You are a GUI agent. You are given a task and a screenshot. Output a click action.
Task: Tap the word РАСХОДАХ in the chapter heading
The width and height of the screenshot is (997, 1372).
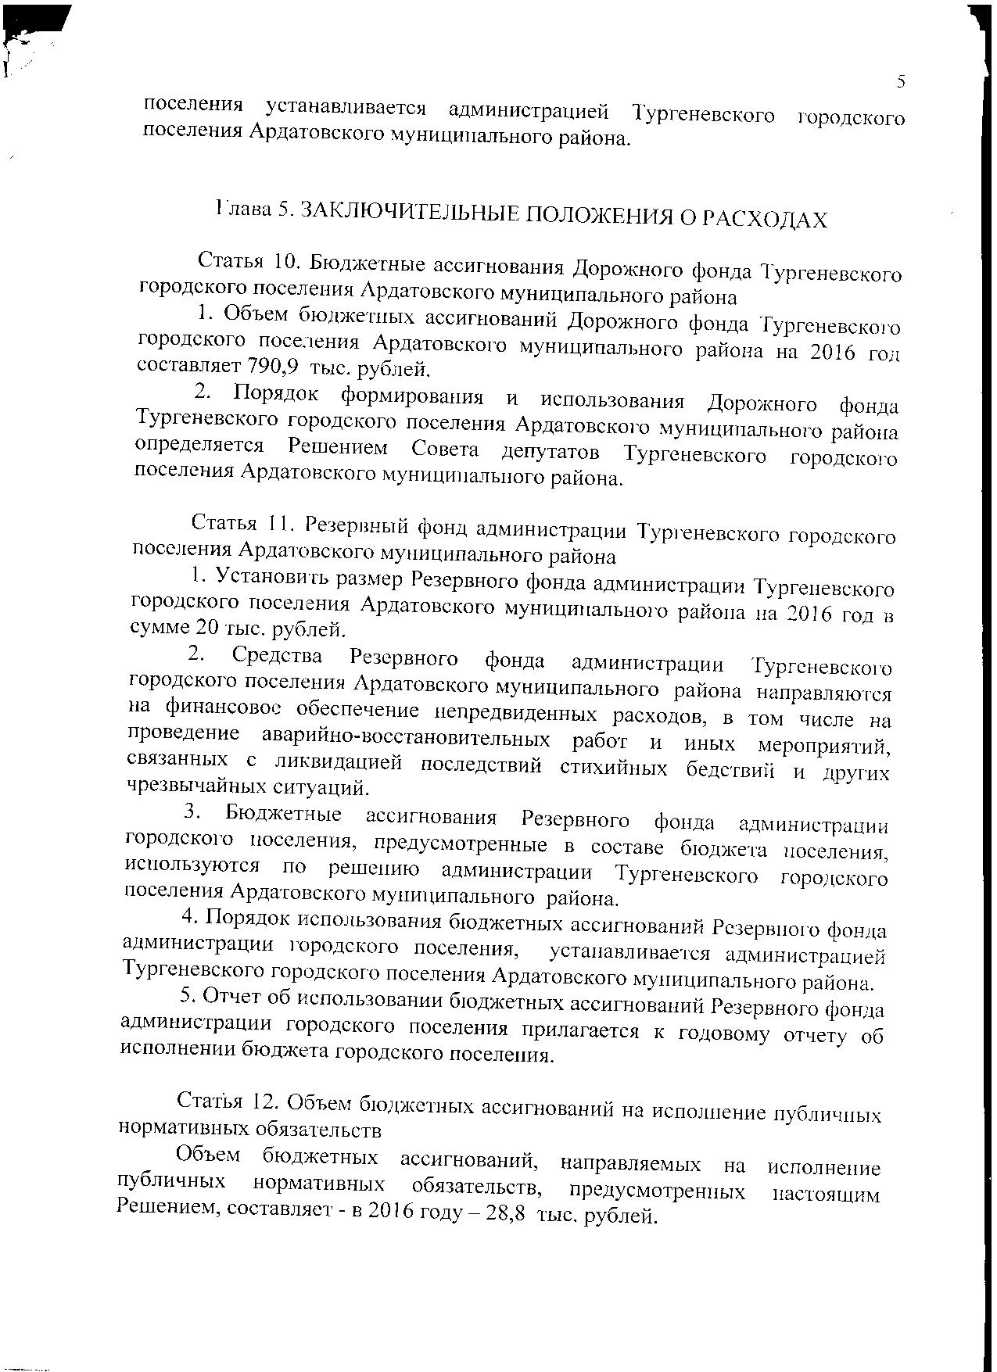tap(764, 220)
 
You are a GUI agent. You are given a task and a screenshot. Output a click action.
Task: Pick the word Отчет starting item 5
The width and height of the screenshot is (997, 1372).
tap(228, 997)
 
